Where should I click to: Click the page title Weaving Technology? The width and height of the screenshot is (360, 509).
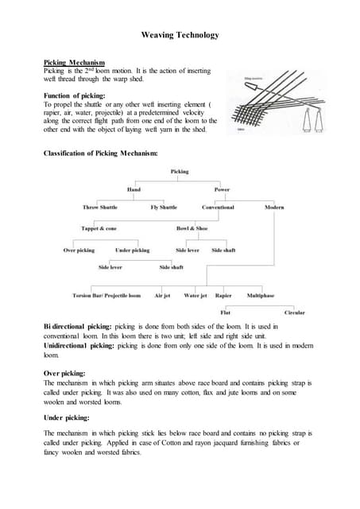(x=179, y=36)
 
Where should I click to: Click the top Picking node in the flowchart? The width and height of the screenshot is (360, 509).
(x=180, y=171)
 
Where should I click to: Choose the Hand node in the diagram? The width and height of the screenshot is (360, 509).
(x=134, y=189)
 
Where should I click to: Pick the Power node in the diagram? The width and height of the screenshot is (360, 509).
(x=222, y=189)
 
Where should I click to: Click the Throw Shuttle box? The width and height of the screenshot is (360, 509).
(x=99, y=208)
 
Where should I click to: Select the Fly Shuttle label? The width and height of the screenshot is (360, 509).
(x=164, y=208)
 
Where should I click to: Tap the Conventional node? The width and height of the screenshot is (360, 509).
(x=218, y=208)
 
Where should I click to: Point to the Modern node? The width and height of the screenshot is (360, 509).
(x=275, y=208)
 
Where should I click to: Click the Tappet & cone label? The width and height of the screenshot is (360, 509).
(x=99, y=229)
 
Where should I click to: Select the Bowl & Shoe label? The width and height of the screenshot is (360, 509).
(x=192, y=229)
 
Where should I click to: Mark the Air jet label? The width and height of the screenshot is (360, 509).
(x=162, y=295)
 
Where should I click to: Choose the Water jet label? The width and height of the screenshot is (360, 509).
(x=195, y=295)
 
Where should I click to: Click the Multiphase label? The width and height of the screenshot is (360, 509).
(x=261, y=295)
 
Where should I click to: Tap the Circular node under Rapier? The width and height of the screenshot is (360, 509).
(x=294, y=313)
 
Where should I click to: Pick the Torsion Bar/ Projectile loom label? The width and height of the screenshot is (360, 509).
(x=106, y=295)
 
